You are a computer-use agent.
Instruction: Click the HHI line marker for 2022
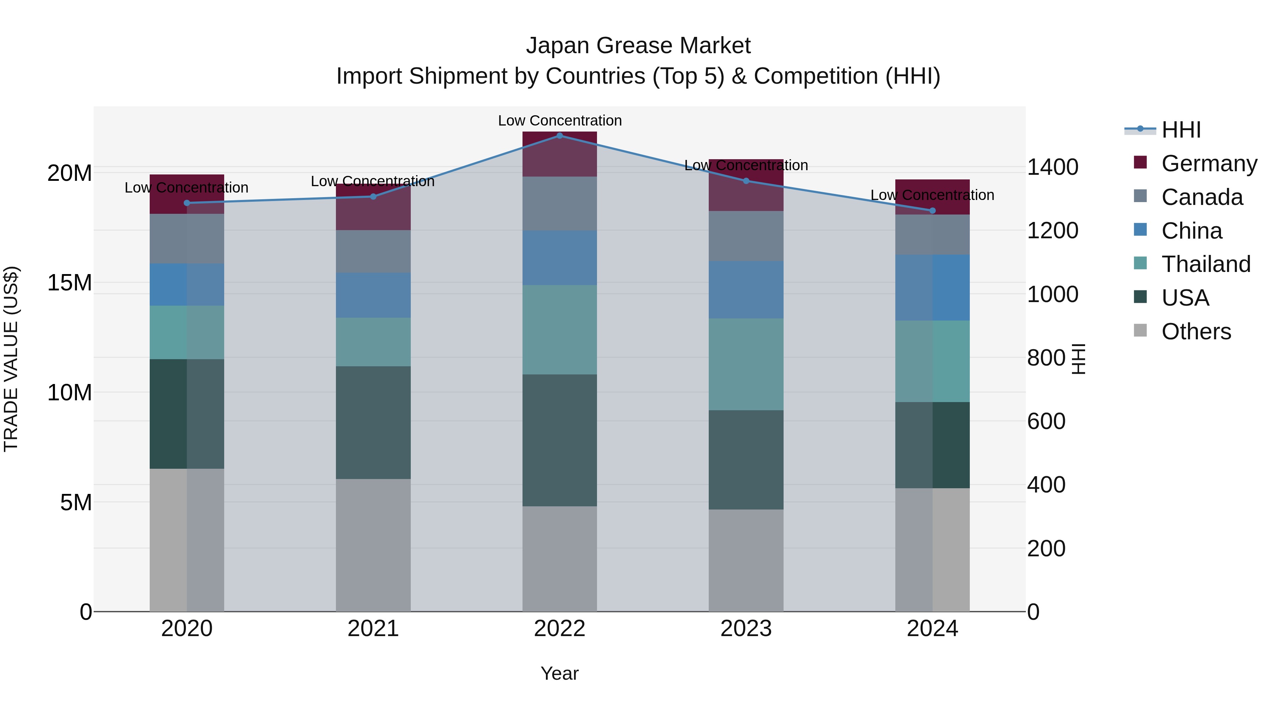pyautogui.click(x=560, y=135)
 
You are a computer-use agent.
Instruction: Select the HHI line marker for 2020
pyautogui.click(x=187, y=203)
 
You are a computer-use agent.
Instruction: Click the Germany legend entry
pyautogui.click(x=1209, y=163)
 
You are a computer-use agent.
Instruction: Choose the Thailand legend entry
pyautogui.click(x=1206, y=264)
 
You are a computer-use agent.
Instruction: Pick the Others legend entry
pyautogui.click(x=1196, y=332)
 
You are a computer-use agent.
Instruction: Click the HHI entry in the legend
pyautogui.click(x=1181, y=130)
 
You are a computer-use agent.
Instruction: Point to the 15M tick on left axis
pyautogui.click(x=70, y=283)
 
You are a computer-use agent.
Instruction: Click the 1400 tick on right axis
pyautogui.click(x=1052, y=167)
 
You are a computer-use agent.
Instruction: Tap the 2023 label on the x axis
pyautogui.click(x=746, y=629)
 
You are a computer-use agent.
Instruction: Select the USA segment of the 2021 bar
pyautogui.click(x=373, y=422)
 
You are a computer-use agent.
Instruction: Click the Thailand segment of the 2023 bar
pyautogui.click(x=746, y=364)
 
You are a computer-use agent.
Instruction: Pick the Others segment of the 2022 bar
pyautogui.click(x=560, y=558)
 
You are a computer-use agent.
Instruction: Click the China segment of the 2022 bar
pyautogui.click(x=560, y=258)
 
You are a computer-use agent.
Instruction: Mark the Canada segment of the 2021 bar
pyautogui.click(x=373, y=251)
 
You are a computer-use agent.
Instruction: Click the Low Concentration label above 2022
pyautogui.click(x=560, y=121)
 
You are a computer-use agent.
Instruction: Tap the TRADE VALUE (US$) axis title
pyautogui.click(x=11, y=359)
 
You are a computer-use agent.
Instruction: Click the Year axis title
pyautogui.click(x=560, y=673)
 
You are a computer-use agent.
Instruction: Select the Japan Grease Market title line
pyautogui.click(x=638, y=46)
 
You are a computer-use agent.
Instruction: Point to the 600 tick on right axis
pyautogui.click(x=1046, y=421)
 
